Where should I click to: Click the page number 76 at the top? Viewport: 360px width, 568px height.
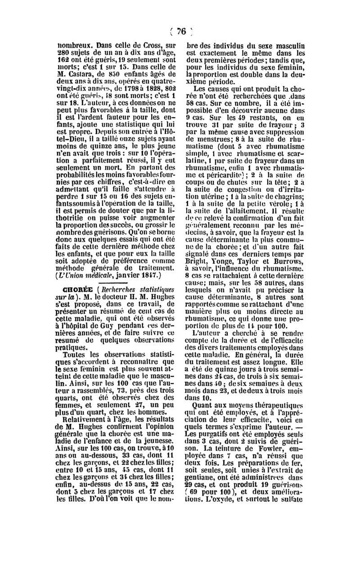[x=181, y=31]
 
